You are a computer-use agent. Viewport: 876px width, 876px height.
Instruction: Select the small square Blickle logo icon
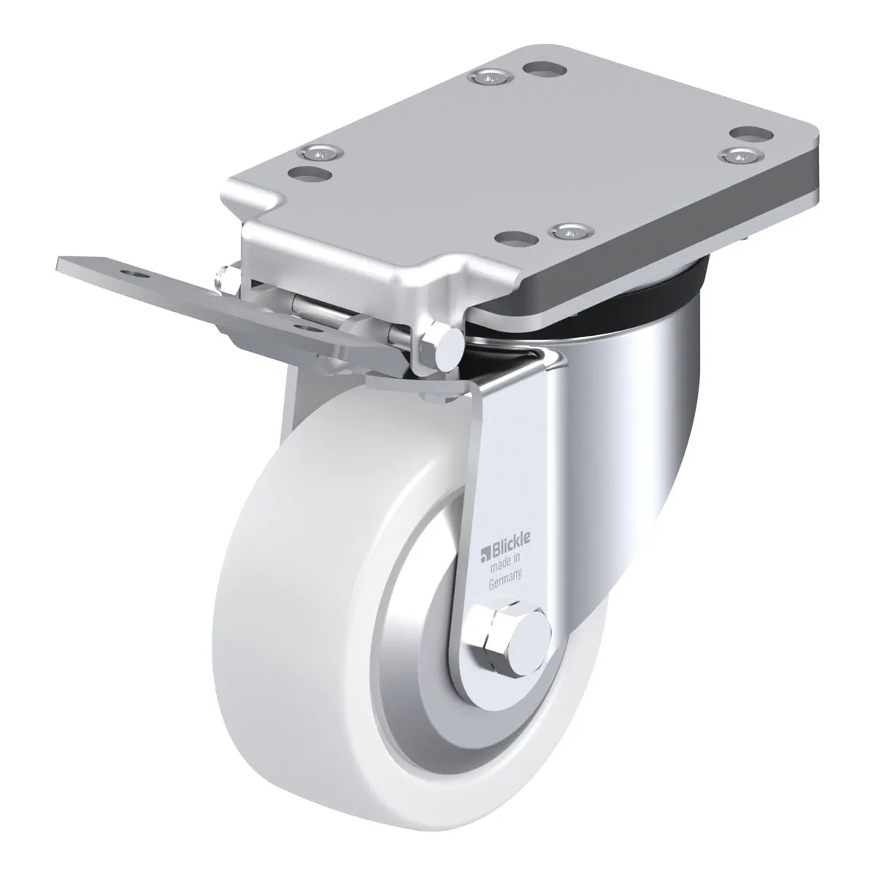(x=484, y=553)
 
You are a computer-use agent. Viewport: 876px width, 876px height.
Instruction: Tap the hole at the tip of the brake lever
(x=133, y=274)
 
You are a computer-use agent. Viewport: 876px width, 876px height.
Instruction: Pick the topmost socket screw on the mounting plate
(x=491, y=77)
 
